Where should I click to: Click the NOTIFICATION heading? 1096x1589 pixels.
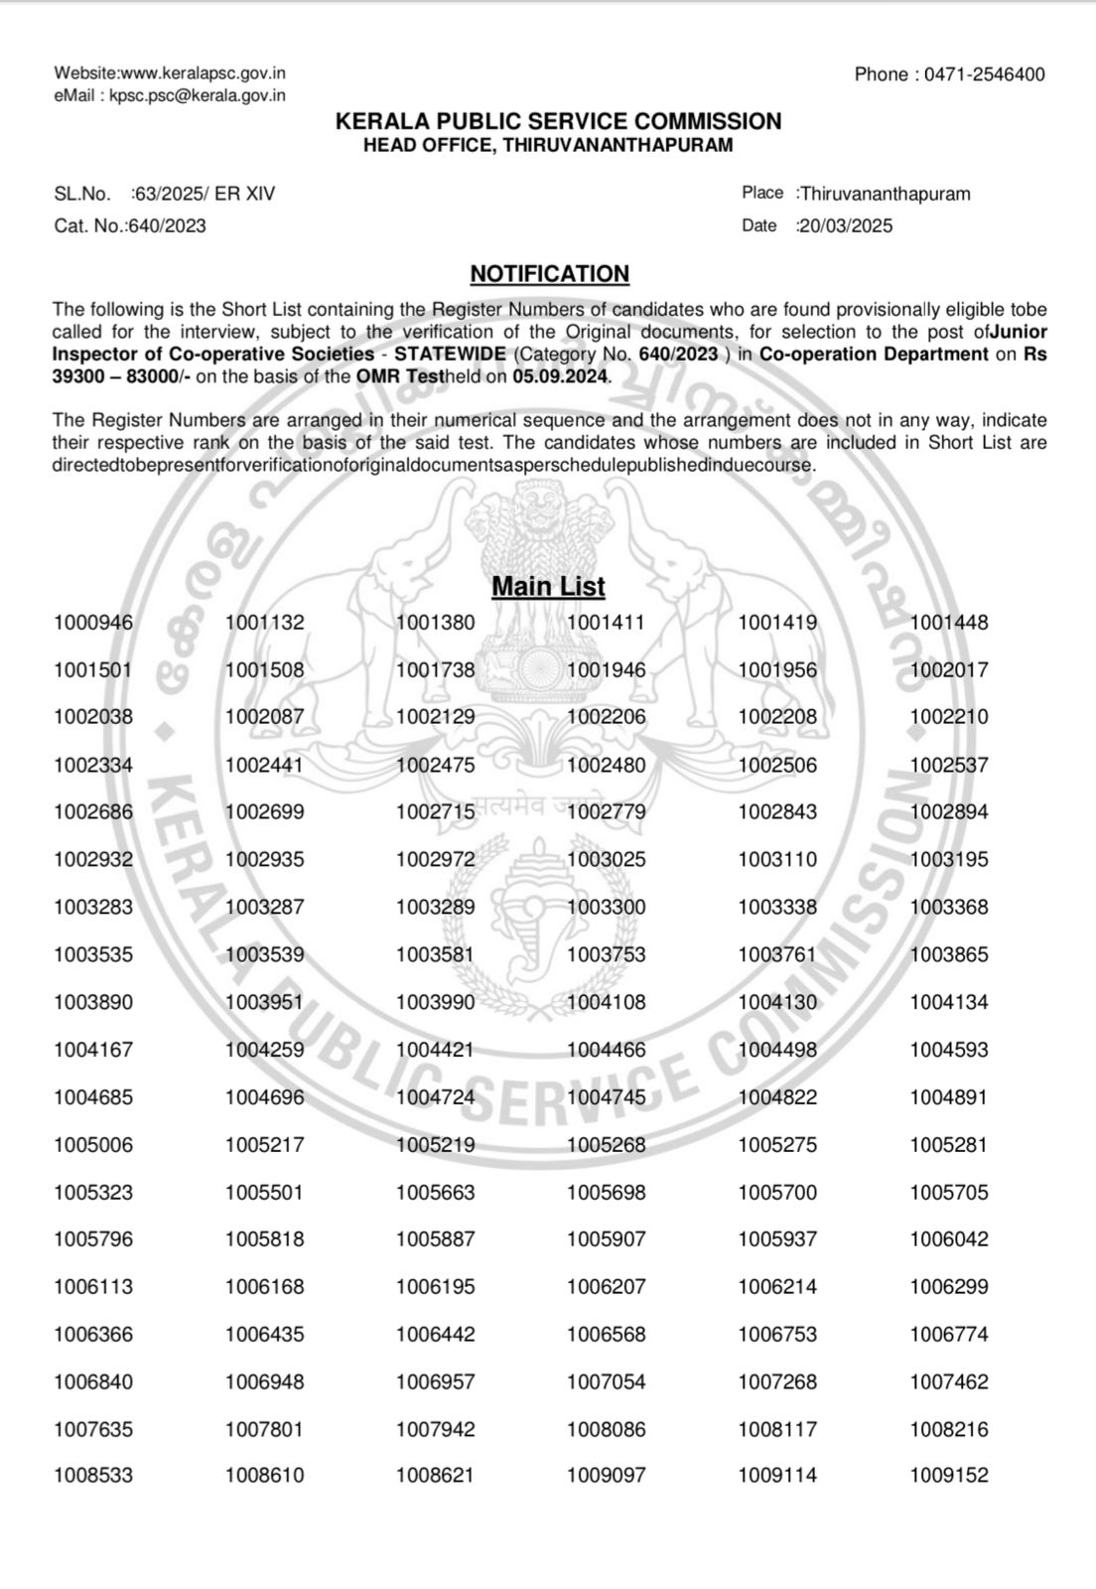point(549,274)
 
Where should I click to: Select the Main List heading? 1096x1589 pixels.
point(548,587)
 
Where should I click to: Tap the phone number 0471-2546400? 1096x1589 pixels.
point(984,74)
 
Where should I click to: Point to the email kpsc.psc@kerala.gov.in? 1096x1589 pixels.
point(198,95)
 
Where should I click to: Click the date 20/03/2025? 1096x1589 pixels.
point(846,226)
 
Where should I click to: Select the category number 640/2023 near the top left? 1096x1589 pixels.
point(167,226)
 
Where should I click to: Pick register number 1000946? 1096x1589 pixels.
point(93,623)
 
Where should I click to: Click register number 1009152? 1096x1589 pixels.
point(949,1476)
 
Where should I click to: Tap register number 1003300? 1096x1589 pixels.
point(606,907)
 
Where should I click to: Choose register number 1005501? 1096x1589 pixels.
point(264,1193)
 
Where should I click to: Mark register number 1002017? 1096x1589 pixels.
point(949,670)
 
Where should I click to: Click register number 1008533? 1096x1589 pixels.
point(93,1476)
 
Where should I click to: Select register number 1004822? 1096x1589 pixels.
point(777,1097)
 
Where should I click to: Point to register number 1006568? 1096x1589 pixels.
point(606,1335)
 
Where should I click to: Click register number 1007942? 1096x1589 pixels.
point(435,1430)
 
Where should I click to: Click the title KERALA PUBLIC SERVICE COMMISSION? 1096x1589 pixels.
point(558,121)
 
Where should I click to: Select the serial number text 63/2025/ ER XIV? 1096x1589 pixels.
point(205,194)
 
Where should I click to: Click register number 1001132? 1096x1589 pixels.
point(264,623)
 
